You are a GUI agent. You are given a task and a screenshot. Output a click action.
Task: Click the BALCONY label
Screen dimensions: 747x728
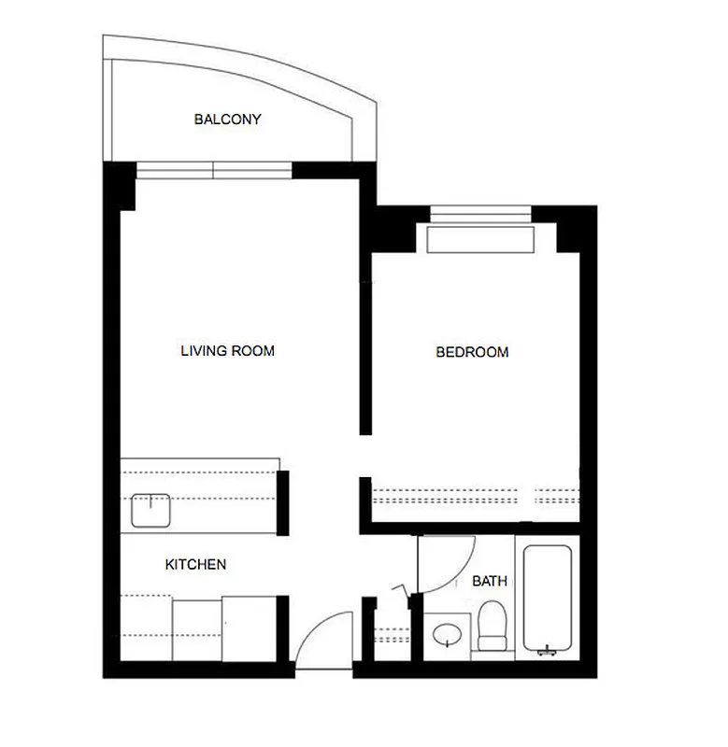[x=227, y=120]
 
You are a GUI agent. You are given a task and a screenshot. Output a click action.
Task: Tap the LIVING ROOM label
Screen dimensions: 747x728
[x=227, y=351]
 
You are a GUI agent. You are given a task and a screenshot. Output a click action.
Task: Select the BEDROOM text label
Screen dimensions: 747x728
[x=472, y=352]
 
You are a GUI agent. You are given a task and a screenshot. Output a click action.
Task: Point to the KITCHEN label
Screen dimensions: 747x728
[x=195, y=565]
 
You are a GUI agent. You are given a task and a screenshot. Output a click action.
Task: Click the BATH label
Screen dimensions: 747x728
[x=490, y=581]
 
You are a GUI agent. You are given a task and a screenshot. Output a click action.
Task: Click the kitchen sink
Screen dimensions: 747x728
[x=148, y=510]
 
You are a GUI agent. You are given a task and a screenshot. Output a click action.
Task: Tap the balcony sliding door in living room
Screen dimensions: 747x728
[x=214, y=170]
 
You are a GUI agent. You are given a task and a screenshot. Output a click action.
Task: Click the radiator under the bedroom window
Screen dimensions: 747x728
[x=480, y=238]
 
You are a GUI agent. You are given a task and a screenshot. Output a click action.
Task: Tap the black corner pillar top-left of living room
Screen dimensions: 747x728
[x=120, y=185]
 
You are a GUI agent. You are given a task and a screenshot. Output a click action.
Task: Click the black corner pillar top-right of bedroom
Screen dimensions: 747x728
[x=575, y=229]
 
